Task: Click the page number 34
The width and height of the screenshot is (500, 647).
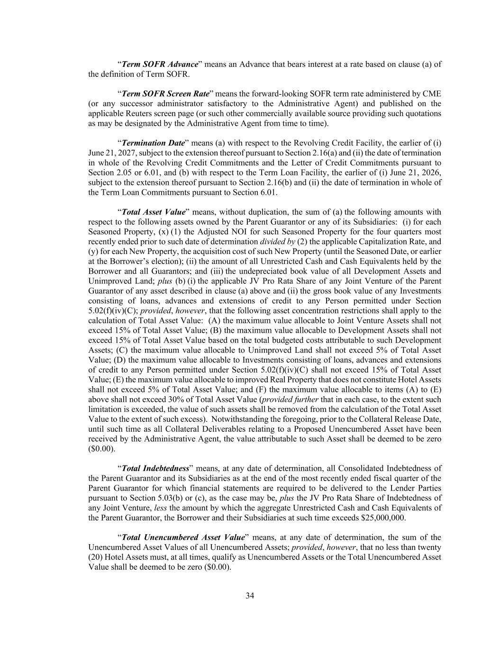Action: coord(250,596)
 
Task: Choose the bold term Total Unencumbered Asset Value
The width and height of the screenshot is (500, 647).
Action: coord(183,538)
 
